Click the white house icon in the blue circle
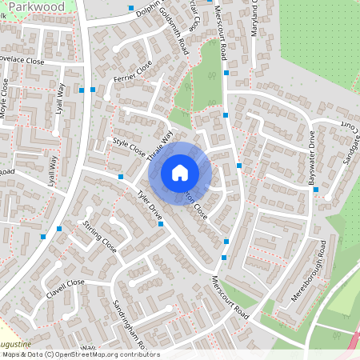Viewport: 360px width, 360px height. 180,173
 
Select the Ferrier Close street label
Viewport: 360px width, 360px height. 133,78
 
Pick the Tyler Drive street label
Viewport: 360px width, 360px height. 150,206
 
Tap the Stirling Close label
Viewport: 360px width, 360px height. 100,238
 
